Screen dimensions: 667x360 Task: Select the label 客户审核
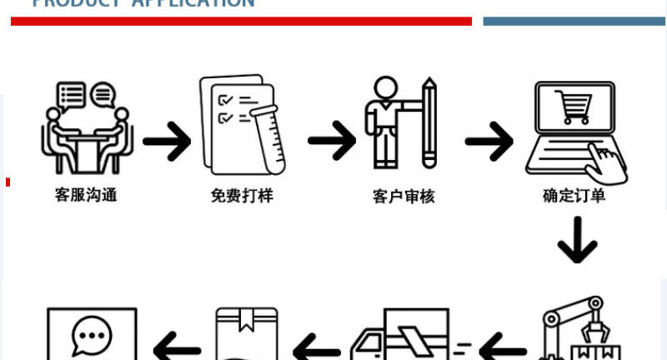[404, 197]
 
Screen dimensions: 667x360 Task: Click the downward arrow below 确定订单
[577, 240]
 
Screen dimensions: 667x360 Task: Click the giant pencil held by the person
[429, 122]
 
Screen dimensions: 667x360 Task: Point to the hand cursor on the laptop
[605, 158]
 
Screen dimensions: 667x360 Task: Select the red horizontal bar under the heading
[241, 21]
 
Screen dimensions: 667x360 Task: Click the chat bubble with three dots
[92, 335]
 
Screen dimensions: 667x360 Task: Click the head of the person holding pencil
[384, 87]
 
